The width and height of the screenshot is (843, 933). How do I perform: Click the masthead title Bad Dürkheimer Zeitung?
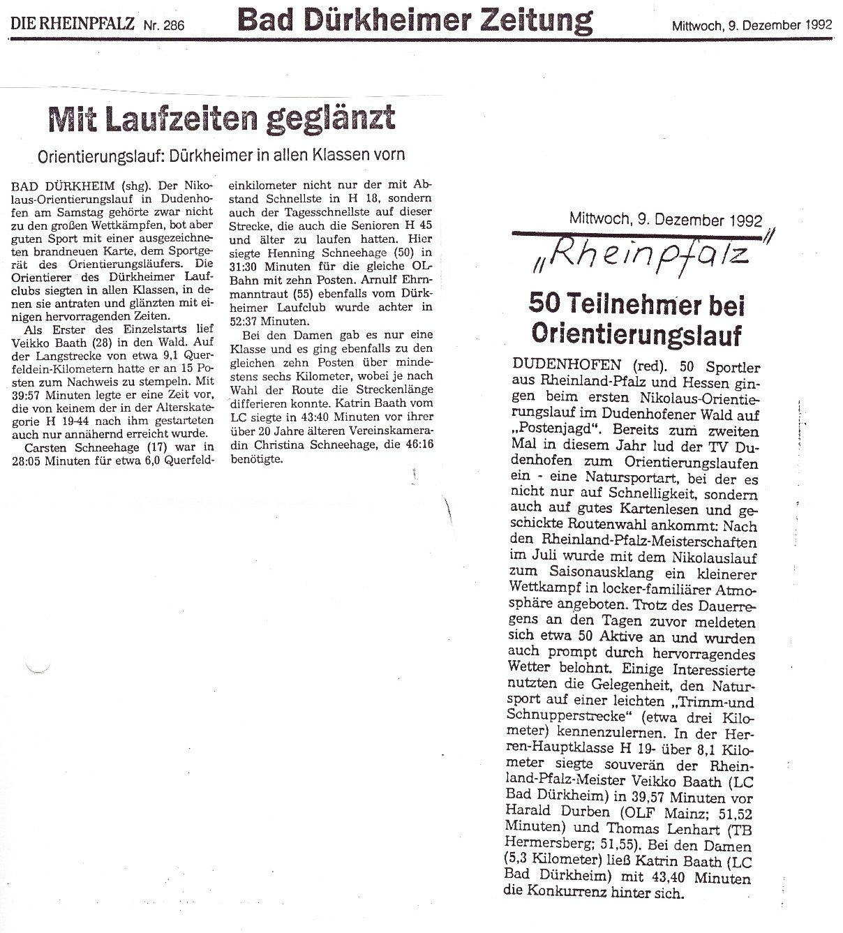pos(415,20)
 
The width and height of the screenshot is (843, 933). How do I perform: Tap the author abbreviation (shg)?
pos(132,186)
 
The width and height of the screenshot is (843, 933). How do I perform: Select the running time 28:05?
pos(36,460)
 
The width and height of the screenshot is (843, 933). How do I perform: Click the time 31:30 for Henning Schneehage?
pos(243,266)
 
